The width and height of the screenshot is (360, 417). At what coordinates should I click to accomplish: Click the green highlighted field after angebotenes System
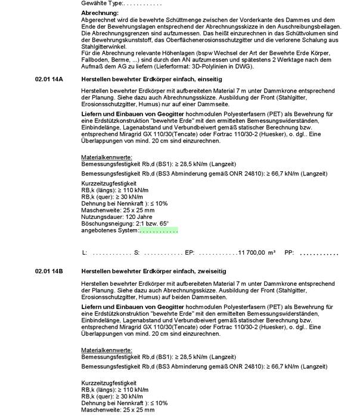[159, 230]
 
